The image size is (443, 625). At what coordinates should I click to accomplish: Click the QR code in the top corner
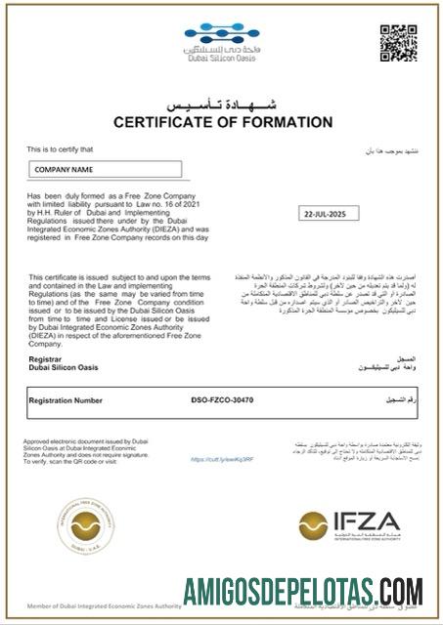398,43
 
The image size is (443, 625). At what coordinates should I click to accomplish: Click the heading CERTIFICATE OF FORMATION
223,122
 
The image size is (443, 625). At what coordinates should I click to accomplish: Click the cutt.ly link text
222,459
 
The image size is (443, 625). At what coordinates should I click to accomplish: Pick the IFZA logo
349,522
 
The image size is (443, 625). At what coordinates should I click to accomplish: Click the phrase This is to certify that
60,148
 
